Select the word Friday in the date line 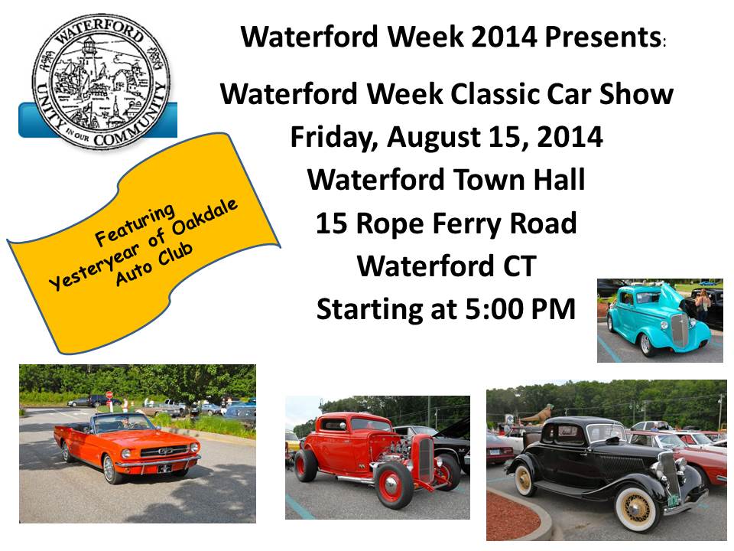click(x=333, y=138)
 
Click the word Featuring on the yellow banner click(x=135, y=225)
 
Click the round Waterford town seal click(x=101, y=81)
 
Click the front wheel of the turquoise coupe click(x=647, y=344)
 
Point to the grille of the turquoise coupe click(x=680, y=330)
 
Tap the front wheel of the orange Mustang click(x=111, y=468)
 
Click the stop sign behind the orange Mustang click(x=109, y=395)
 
